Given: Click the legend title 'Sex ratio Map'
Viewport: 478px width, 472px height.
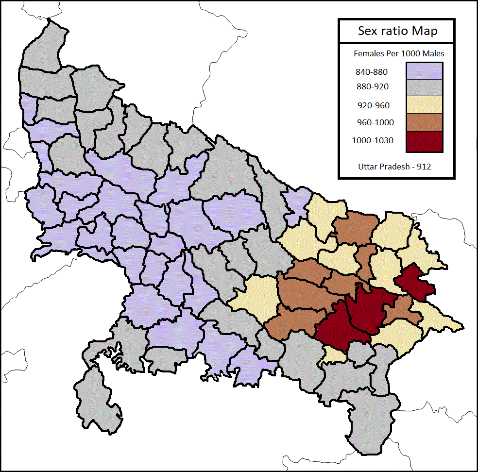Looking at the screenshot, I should [x=397, y=31].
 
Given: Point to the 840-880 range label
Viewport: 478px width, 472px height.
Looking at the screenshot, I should [x=372, y=72].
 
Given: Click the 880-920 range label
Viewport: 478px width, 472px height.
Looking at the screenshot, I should [x=372, y=86].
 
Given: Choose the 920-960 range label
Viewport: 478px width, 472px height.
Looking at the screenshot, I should [x=373, y=105].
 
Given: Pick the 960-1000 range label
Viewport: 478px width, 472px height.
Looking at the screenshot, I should [x=374, y=122].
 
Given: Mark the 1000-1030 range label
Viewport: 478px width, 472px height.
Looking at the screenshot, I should [x=373, y=141].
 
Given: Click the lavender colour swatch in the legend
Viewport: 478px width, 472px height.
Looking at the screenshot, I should [x=424, y=70].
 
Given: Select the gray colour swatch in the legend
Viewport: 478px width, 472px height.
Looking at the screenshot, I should [x=424, y=87].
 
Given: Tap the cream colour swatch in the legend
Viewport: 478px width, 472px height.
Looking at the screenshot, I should [x=424, y=104].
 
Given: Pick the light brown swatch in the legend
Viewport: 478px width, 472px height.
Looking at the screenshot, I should [x=424, y=122].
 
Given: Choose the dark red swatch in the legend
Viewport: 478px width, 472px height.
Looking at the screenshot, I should [x=424, y=140].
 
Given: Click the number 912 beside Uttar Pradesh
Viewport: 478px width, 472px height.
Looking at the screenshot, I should [x=423, y=166].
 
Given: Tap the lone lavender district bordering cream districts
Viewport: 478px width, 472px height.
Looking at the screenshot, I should [x=296, y=202].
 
